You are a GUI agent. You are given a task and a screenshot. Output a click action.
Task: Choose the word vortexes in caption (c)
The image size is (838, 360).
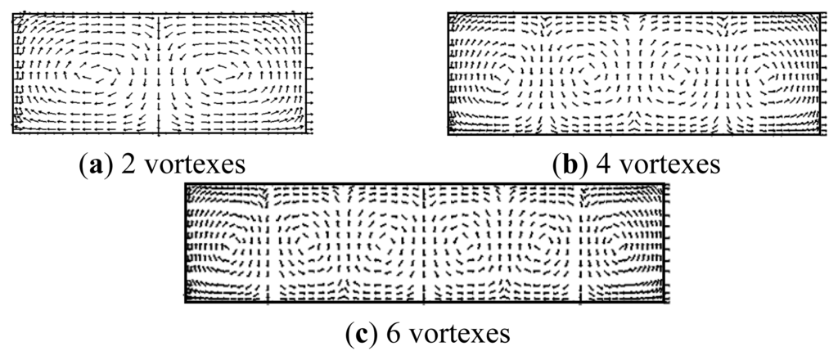tap(452, 334)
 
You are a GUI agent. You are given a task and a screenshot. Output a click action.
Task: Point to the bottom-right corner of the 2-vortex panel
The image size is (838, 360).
tap(309, 132)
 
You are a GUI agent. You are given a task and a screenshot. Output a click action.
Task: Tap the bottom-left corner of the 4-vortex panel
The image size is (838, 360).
tap(448, 133)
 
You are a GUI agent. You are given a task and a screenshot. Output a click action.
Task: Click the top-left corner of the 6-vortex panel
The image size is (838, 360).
tap(187, 184)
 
